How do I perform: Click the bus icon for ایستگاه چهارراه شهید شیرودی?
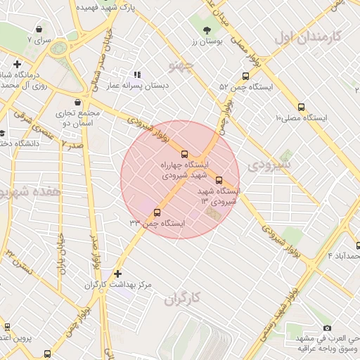click(x=185, y=154)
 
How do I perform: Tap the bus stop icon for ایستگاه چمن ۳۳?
click(x=156, y=212)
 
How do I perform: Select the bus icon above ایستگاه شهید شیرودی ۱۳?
click(x=219, y=180)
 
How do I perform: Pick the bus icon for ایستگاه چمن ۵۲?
click(x=245, y=76)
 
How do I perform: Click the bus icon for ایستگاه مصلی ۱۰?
click(x=302, y=108)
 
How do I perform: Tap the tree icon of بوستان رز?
click(x=207, y=30)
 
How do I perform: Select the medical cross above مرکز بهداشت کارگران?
click(x=117, y=273)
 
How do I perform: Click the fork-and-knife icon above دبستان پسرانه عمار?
click(x=136, y=74)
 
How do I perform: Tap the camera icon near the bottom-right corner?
click(x=327, y=328)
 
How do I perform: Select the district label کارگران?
click(x=182, y=299)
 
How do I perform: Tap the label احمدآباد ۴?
click(x=344, y=255)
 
